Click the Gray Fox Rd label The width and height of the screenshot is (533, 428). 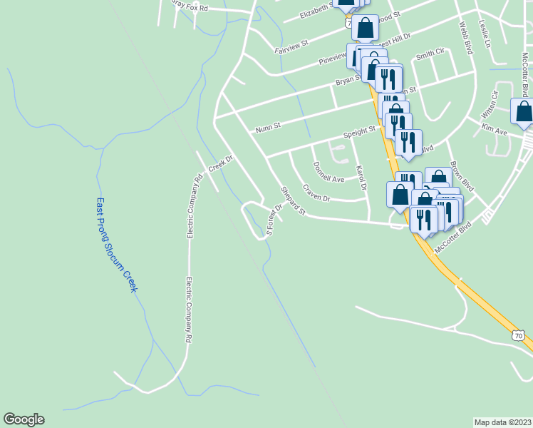[x=190, y=6]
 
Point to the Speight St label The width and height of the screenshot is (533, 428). [x=360, y=132]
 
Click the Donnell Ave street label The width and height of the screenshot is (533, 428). [x=328, y=172]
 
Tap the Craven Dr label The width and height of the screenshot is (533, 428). [x=316, y=193]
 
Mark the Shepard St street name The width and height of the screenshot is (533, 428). [x=293, y=201]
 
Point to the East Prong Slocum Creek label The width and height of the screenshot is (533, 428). [x=116, y=244]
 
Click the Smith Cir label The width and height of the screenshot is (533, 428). [x=430, y=53]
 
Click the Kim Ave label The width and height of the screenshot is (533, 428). [x=494, y=131]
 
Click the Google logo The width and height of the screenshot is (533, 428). [x=24, y=419]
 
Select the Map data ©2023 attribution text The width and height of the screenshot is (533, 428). [x=503, y=422]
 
